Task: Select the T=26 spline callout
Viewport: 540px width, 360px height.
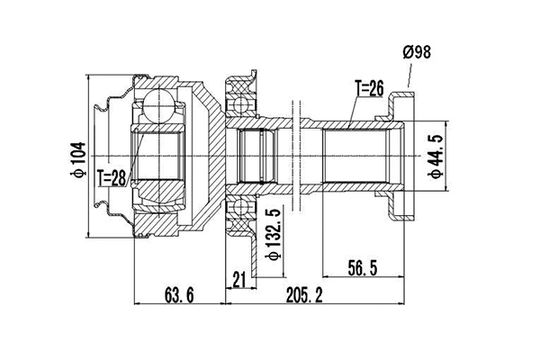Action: coord(369,88)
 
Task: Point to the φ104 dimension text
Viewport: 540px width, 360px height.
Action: coord(78,160)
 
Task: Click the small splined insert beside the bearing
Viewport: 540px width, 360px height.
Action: coord(257,154)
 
